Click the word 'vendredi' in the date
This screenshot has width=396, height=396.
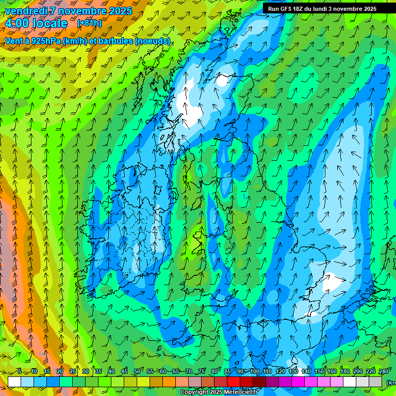coord(26,11)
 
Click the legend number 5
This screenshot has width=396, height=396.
coord(20,371)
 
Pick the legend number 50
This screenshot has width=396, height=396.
coord(137,371)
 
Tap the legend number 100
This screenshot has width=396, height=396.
coord(255,371)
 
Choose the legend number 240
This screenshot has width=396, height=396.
coord(384,371)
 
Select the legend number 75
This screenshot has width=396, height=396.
coord(202,371)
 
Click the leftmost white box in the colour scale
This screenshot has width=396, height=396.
coord(14,382)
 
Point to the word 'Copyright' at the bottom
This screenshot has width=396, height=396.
coord(194,392)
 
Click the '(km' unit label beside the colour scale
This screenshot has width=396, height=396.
coord(391,382)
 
